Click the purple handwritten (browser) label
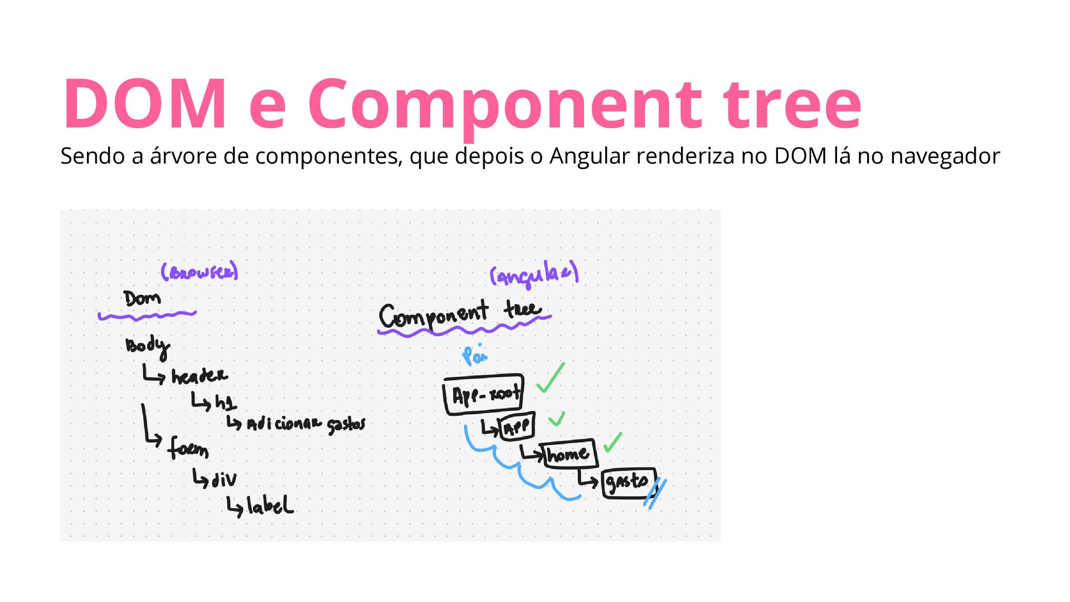(x=199, y=271)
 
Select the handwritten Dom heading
(x=142, y=299)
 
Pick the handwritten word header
(x=199, y=376)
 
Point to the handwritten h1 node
(x=225, y=402)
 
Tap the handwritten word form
(x=188, y=448)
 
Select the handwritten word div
(x=224, y=479)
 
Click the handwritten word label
(x=270, y=506)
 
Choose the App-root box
(x=484, y=395)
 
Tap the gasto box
(x=629, y=482)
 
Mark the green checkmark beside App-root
(x=550, y=378)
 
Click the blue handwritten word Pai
(x=474, y=355)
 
